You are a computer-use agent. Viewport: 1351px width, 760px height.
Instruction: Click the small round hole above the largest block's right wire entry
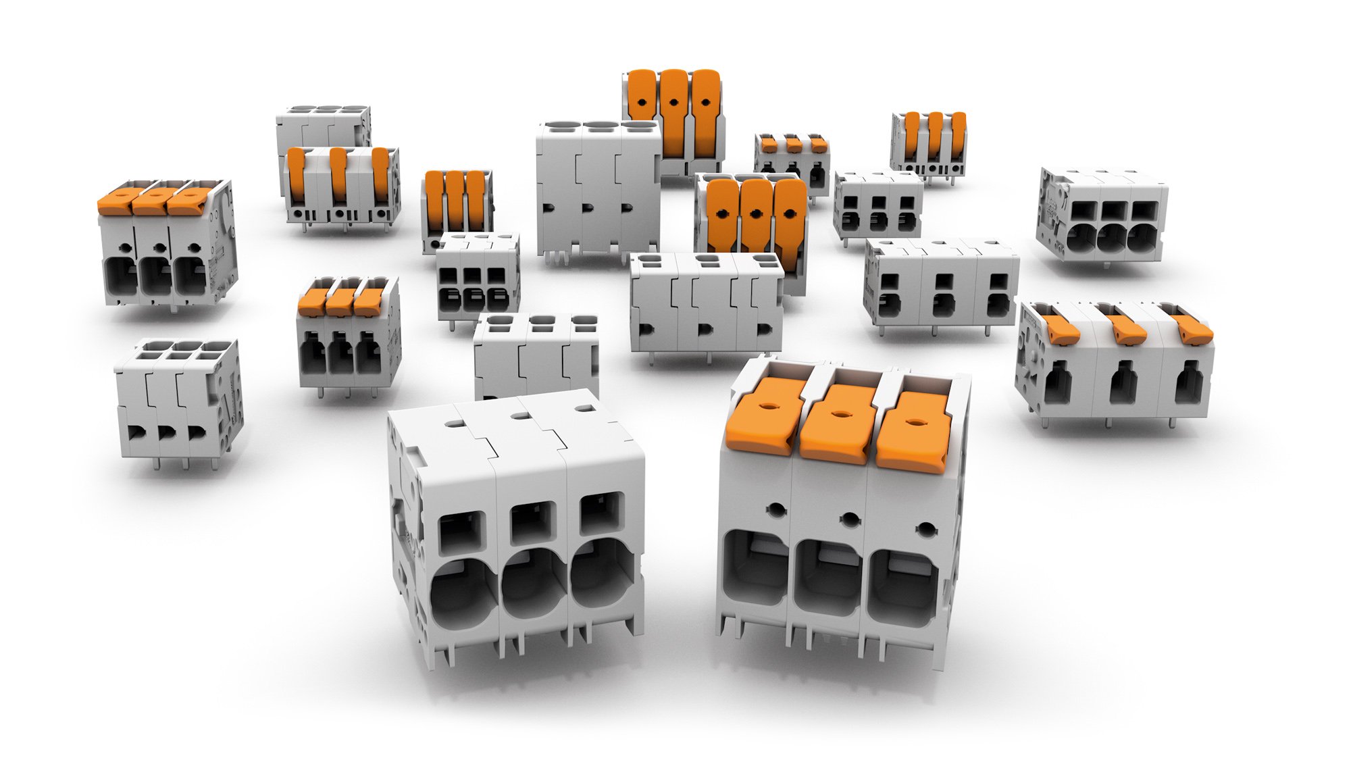926,529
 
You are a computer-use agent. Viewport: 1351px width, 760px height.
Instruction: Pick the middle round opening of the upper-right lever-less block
1108,240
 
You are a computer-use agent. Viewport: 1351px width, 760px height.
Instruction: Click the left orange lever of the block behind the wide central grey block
721,216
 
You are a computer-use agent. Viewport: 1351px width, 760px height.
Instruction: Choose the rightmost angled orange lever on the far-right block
1193,329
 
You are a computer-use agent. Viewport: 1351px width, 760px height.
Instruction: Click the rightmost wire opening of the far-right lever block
1189,383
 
